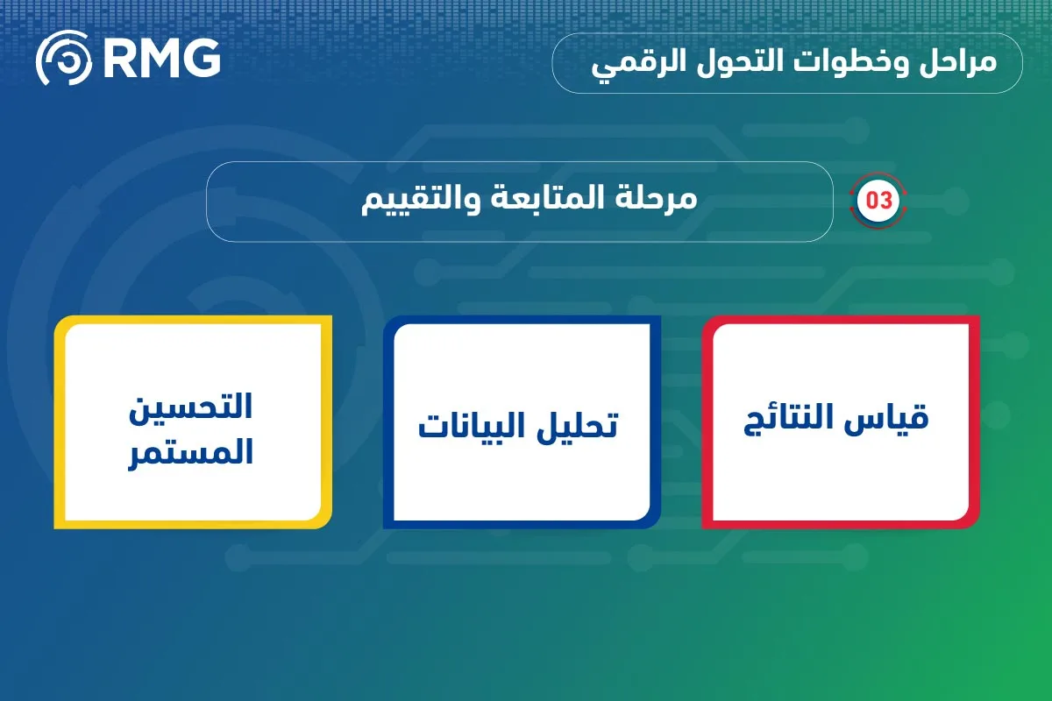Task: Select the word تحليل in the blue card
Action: tap(574, 426)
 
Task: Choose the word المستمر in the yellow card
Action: tap(193, 452)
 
